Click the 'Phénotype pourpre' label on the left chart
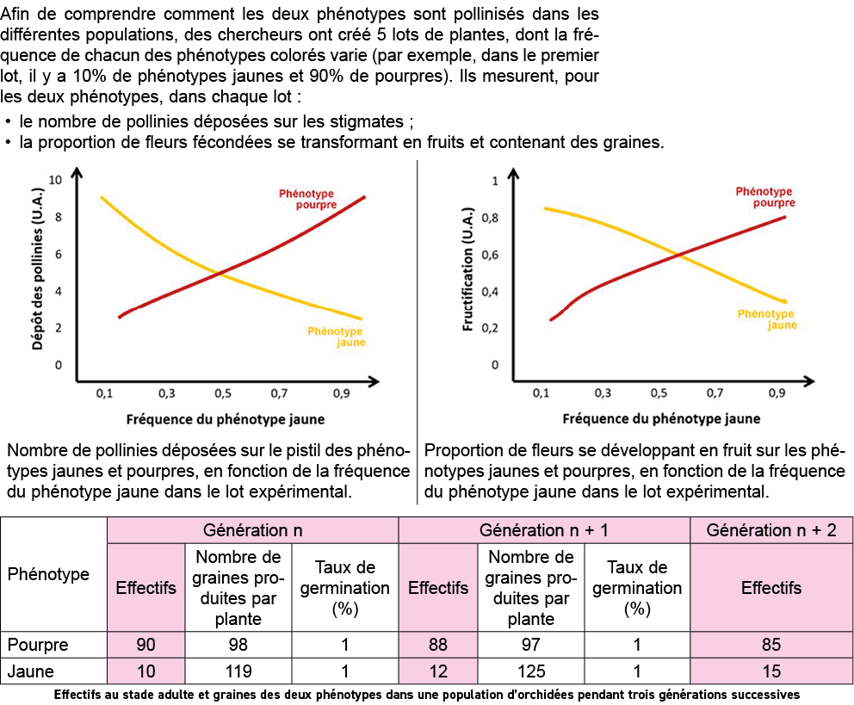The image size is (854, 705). pos(306,200)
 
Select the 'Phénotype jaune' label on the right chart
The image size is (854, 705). pos(765,319)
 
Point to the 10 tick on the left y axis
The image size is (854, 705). pos(56,180)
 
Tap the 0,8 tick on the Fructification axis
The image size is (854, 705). pos(488,218)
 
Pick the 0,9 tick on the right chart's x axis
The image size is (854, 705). pos(777,393)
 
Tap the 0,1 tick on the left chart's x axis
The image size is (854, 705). pos(104,393)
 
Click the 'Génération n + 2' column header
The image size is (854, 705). pos(771,530)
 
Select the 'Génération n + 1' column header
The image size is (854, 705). pos(544,530)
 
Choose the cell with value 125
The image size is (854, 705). pos(529,671)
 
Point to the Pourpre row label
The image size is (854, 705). pos(37,645)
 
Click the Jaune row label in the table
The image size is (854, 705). pos(30,671)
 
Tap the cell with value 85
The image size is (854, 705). pos(771,645)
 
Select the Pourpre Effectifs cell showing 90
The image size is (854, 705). pos(145,645)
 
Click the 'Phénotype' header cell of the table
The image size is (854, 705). pos(48,574)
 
